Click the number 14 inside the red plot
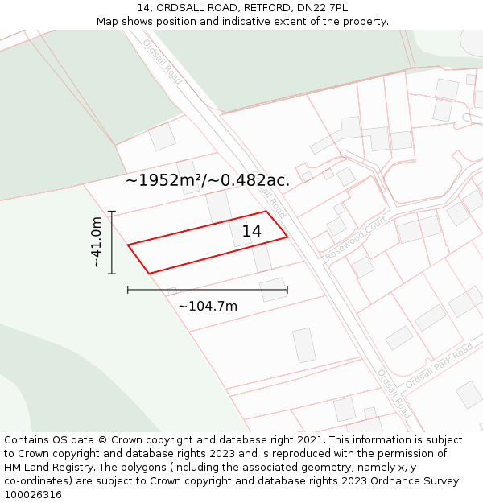coord(251,232)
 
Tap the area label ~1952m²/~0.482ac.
coord(208,180)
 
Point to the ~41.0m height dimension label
coord(96,242)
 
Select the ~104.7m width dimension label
coord(208,307)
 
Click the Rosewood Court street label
coord(356,237)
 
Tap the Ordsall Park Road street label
coord(439,367)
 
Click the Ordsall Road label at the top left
coord(163,60)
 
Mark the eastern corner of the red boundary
coord(287,237)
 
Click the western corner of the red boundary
coord(129,245)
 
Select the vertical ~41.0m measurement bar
coord(112,242)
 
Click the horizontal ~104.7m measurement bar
coord(208,290)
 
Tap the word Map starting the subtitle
coord(108,22)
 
